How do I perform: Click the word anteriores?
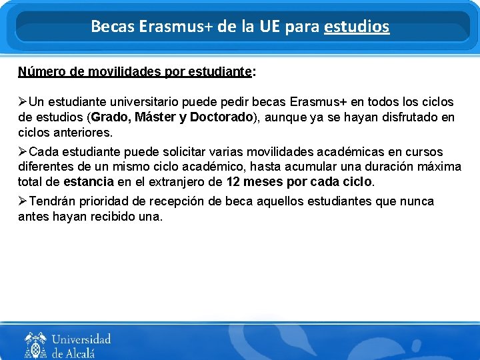81,133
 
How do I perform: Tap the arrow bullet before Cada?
23,152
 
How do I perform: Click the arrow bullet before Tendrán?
23,201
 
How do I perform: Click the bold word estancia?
89,181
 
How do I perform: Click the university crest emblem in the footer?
35,344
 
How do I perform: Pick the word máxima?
437,167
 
